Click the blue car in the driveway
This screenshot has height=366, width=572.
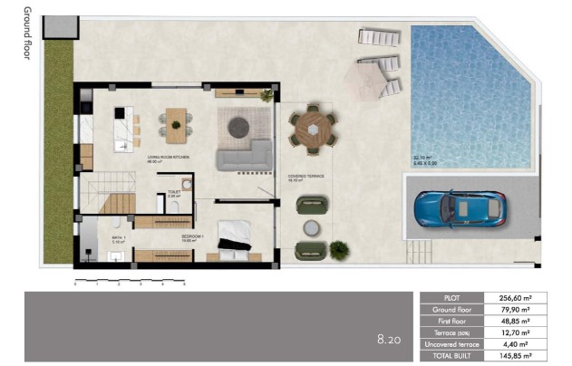(x=458, y=209)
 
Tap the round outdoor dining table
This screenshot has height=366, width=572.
(x=314, y=129)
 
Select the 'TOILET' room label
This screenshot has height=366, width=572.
(x=174, y=192)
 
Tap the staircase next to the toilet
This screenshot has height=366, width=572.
(x=117, y=202)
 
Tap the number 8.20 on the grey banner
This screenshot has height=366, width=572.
(x=390, y=340)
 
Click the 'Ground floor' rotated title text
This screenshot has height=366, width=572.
(x=26, y=33)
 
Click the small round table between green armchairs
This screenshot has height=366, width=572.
(x=312, y=226)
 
